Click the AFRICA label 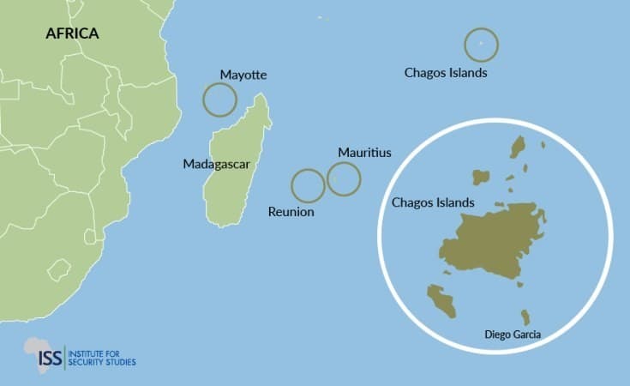tap(72, 34)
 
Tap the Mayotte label tap(243, 75)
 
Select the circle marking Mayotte tap(219, 100)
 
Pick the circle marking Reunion tap(308, 185)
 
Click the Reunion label tap(291, 211)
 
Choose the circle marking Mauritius tap(344, 178)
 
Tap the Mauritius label tap(364, 153)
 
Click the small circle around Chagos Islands tap(481, 44)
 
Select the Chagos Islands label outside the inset tap(446, 73)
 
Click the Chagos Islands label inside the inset tap(433, 203)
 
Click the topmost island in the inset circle tap(518, 147)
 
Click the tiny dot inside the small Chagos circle tap(481, 44)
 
